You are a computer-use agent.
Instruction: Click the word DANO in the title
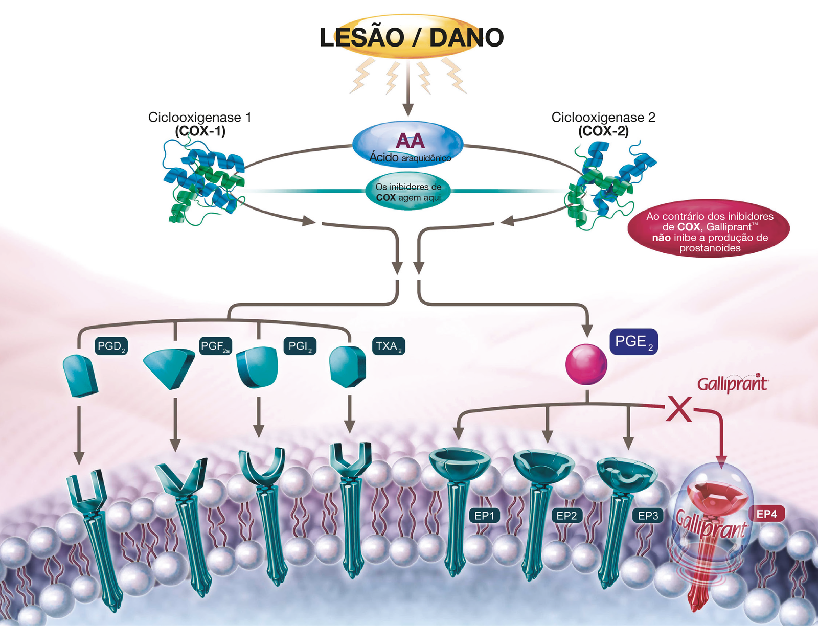click(466, 38)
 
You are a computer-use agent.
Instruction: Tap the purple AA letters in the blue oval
click(410, 141)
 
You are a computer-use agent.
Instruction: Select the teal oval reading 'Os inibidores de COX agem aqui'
click(408, 191)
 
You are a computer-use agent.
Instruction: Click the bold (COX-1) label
click(200, 130)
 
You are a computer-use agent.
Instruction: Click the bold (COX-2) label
click(603, 130)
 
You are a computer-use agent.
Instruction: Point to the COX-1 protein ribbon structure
click(203, 180)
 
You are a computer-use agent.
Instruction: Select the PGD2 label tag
click(111, 346)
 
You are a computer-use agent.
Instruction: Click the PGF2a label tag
click(215, 346)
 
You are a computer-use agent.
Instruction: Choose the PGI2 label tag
click(300, 346)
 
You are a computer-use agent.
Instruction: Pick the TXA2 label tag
click(389, 346)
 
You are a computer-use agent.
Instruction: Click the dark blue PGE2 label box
click(634, 341)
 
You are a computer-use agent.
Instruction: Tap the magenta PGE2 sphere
click(586, 364)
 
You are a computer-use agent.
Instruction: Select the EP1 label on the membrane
click(484, 516)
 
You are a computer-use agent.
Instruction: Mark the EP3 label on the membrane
click(647, 516)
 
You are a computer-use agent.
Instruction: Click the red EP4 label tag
click(766, 514)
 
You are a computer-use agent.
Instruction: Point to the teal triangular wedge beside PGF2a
click(169, 367)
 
